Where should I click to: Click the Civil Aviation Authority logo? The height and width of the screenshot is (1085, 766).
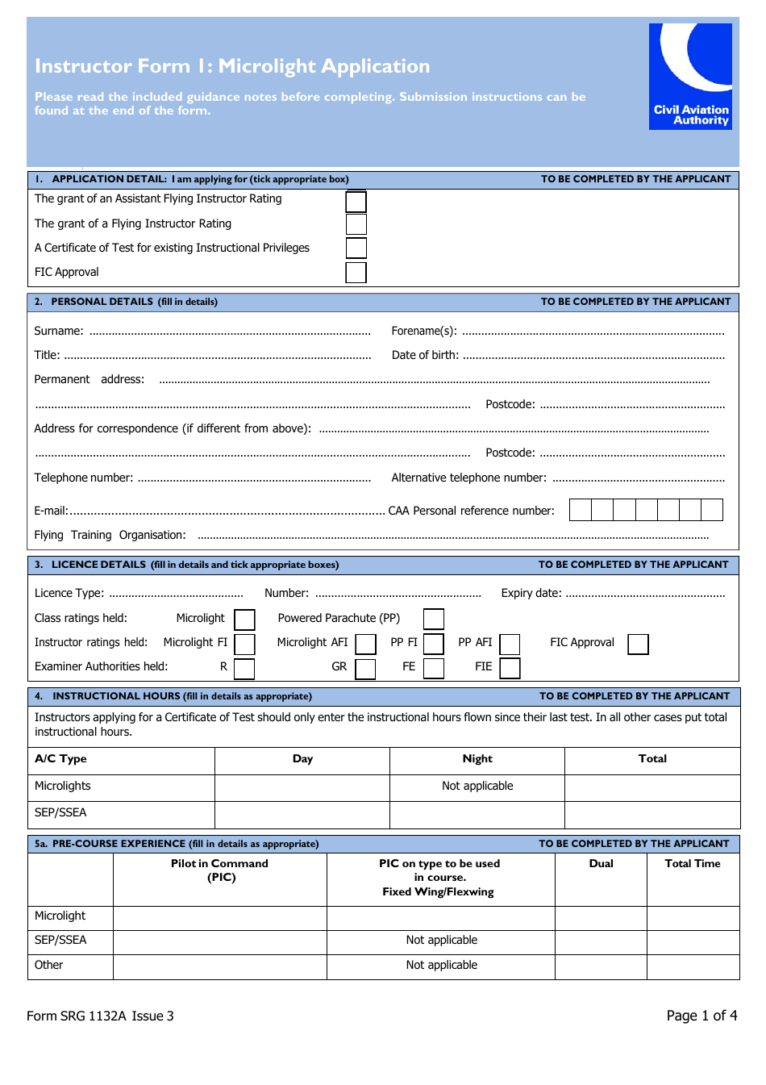pyautogui.click(x=690, y=76)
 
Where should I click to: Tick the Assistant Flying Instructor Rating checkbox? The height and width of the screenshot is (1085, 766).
pyautogui.click(x=356, y=201)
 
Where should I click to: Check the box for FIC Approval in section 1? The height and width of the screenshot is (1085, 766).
pyautogui.click(x=356, y=273)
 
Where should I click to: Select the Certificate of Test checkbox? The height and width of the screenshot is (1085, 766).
pyautogui.click(x=356, y=248)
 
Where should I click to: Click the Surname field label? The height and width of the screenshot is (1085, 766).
pyautogui.click(x=59, y=331)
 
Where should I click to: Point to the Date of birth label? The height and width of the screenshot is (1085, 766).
pyautogui.click(x=425, y=355)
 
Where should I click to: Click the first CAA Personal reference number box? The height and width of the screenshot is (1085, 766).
pyautogui.click(x=581, y=510)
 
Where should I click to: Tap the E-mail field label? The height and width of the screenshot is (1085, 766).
pyautogui.click(x=51, y=511)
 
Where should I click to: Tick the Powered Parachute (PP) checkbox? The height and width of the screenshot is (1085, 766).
pyautogui.click(x=434, y=619)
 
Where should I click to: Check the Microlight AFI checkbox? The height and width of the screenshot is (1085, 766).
pyautogui.click(x=366, y=644)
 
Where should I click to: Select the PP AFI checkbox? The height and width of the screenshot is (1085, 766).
pyautogui.click(x=510, y=644)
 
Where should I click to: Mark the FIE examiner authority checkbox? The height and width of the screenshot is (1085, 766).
pyautogui.click(x=510, y=668)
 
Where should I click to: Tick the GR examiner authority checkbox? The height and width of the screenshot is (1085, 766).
pyautogui.click(x=366, y=668)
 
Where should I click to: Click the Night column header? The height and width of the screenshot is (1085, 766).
pyautogui.click(x=477, y=759)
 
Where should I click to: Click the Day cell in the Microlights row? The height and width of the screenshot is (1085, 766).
pyautogui.click(x=302, y=787)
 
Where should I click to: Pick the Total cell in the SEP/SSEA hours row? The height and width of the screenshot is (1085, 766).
pyautogui.click(x=652, y=814)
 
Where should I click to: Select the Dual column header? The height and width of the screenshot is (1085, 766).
pyautogui.click(x=601, y=864)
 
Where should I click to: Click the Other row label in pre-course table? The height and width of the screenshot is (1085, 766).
pyautogui.click(x=49, y=966)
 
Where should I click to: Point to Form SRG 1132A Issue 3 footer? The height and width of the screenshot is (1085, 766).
pyautogui.click(x=100, y=1016)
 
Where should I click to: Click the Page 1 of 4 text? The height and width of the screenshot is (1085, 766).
pyautogui.click(x=701, y=1016)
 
